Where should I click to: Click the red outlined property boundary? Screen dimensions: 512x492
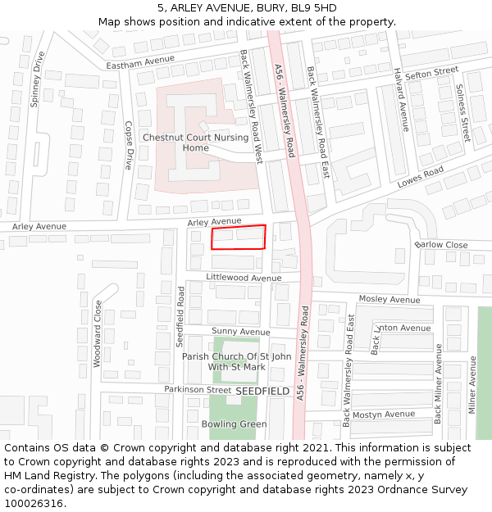(x=239, y=237)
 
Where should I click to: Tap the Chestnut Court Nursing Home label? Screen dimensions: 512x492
(x=195, y=143)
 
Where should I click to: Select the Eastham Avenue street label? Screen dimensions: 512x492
(x=141, y=62)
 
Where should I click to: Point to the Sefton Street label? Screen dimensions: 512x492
(x=431, y=74)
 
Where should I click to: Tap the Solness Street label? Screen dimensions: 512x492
(x=462, y=113)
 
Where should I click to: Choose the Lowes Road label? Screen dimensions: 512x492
(x=421, y=178)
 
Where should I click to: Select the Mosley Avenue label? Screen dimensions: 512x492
(x=389, y=300)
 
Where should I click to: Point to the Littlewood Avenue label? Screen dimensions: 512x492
(x=244, y=278)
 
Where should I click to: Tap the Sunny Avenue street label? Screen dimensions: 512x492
(x=241, y=332)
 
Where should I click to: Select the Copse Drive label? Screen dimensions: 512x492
(x=128, y=145)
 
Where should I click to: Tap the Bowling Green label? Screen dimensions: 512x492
(x=235, y=424)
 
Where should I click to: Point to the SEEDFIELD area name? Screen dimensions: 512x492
(x=262, y=392)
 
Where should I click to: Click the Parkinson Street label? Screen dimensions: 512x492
(x=198, y=390)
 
